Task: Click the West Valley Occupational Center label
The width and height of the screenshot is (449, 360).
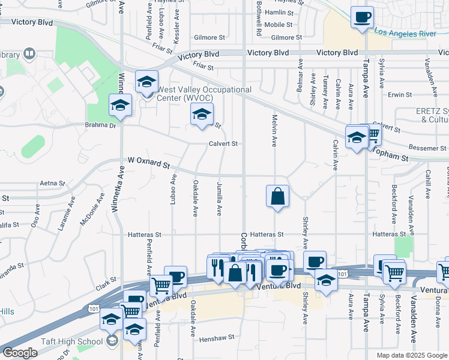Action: [203, 94]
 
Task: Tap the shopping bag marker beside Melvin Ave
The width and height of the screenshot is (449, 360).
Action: [278, 197]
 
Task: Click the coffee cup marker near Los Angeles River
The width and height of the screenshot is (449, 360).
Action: [362, 18]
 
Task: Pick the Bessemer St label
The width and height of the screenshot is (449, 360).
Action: [424, 148]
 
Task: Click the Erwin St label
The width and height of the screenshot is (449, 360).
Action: [399, 95]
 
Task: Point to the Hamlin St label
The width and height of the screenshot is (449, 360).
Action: [279, 12]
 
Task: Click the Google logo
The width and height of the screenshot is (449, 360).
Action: [20, 353]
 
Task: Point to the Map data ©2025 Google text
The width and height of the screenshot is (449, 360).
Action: [411, 355]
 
